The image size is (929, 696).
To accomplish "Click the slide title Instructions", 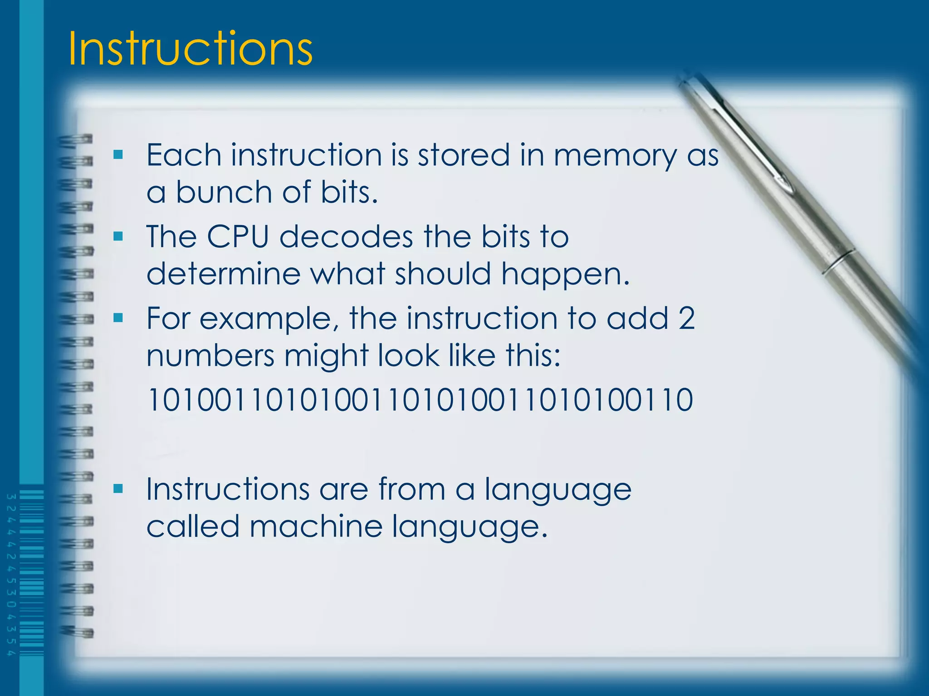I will [190, 48].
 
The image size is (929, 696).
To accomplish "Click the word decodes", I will [346, 237].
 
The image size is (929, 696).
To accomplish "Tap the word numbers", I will [210, 355].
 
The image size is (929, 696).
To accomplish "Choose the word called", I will [193, 527].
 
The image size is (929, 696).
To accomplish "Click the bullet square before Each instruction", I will [118, 155].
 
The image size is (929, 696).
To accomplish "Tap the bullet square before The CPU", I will [118, 237].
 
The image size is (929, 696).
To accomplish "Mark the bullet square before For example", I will [118, 318].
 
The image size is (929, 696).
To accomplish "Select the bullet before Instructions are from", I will [118, 488].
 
